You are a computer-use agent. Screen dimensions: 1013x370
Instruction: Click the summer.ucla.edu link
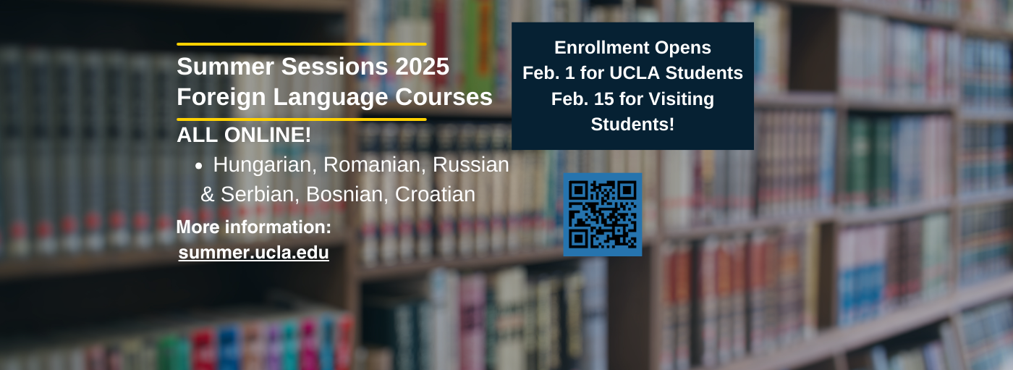(253, 253)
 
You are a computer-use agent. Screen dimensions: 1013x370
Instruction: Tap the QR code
(602, 214)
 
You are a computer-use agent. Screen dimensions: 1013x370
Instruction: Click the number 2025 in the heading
(422, 67)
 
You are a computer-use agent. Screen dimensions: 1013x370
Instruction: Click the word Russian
(471, 164)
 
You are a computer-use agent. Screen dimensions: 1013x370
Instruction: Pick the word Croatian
(435, 195)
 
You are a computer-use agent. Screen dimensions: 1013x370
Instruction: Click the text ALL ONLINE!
(244, 135)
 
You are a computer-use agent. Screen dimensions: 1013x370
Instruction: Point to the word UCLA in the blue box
(635, 73)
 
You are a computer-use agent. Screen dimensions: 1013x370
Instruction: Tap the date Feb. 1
(548, 73)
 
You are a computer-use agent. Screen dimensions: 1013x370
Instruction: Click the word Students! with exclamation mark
(632, 124)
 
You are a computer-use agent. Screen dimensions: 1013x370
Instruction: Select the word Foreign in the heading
(221, 97)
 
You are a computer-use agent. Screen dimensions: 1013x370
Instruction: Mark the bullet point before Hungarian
(198, 167)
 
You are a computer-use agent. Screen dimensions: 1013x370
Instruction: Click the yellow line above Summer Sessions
(301, 44)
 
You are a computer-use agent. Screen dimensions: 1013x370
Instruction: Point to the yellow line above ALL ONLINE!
(301, 119)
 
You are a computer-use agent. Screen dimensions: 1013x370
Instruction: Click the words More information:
(254, 227)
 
